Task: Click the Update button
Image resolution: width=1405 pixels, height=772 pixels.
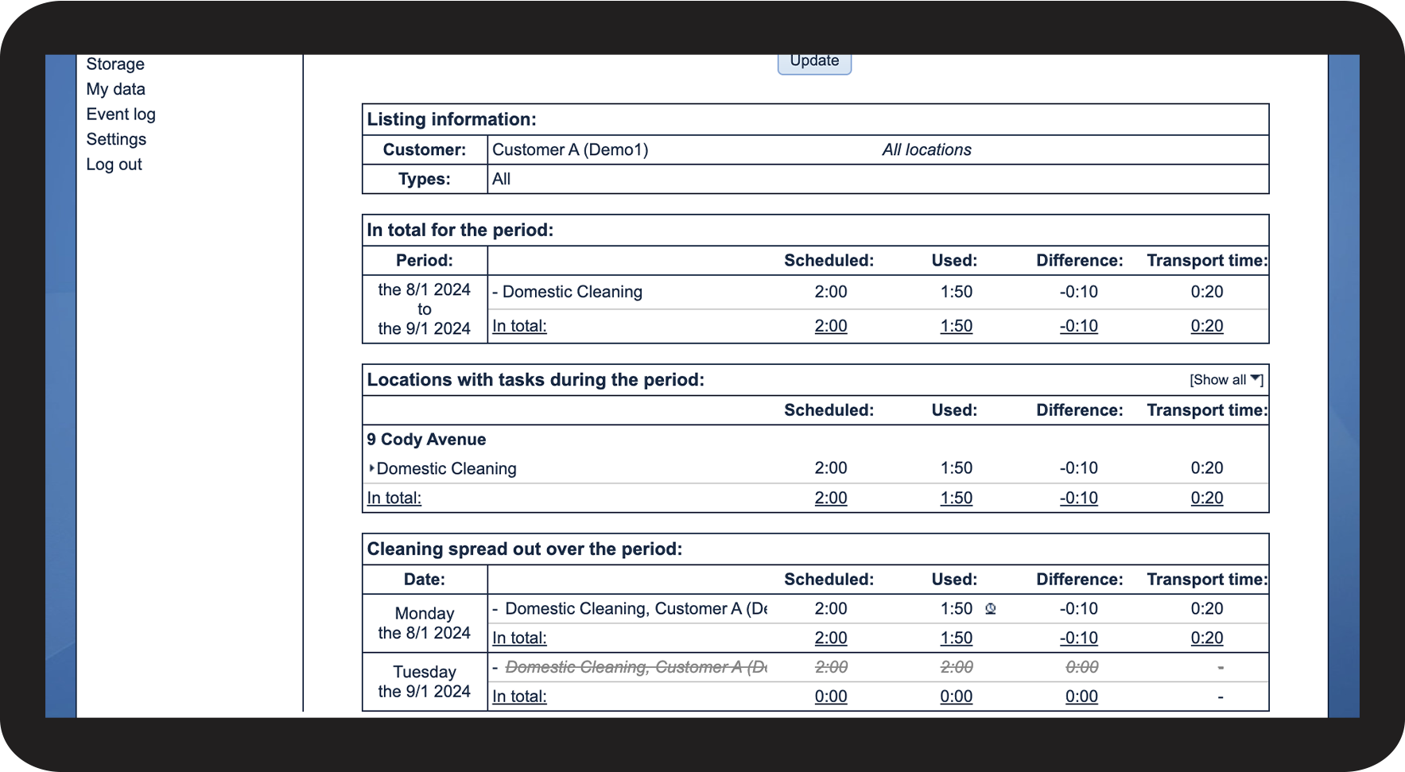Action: [814, 62]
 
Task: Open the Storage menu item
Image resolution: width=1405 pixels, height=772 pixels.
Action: [115, 64]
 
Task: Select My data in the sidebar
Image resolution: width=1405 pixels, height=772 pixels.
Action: [116, 89]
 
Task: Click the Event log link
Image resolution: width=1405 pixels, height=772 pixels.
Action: [121, 114]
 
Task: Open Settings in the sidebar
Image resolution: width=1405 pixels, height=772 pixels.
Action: [116, 139]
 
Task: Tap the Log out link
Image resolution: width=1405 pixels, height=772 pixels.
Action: [114, 165]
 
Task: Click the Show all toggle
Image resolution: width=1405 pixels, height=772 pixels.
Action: [1225, 380]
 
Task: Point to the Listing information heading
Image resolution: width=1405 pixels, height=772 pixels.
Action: [452, 119]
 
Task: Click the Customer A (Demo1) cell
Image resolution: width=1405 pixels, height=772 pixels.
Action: [570, 149]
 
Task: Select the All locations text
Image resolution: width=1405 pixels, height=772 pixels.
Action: [926, 149]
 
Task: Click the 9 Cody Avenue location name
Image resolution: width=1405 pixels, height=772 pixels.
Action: [426, 440]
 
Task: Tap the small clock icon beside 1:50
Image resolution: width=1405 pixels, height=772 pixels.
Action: [991, 609]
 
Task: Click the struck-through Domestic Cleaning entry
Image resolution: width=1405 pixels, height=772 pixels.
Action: [635, 667]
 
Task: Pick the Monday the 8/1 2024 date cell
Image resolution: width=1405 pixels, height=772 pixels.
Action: [425, 623]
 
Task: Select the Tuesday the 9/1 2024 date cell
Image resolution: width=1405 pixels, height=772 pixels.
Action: [425, 682]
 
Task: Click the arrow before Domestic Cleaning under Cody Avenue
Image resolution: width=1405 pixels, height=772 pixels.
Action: [371, 468]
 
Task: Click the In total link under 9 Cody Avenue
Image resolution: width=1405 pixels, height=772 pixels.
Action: [394, 499]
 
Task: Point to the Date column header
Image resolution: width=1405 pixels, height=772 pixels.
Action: [425, 580]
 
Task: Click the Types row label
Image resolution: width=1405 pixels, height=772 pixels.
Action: [425, 179]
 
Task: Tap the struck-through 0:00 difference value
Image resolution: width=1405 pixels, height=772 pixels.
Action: [1081, 667]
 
